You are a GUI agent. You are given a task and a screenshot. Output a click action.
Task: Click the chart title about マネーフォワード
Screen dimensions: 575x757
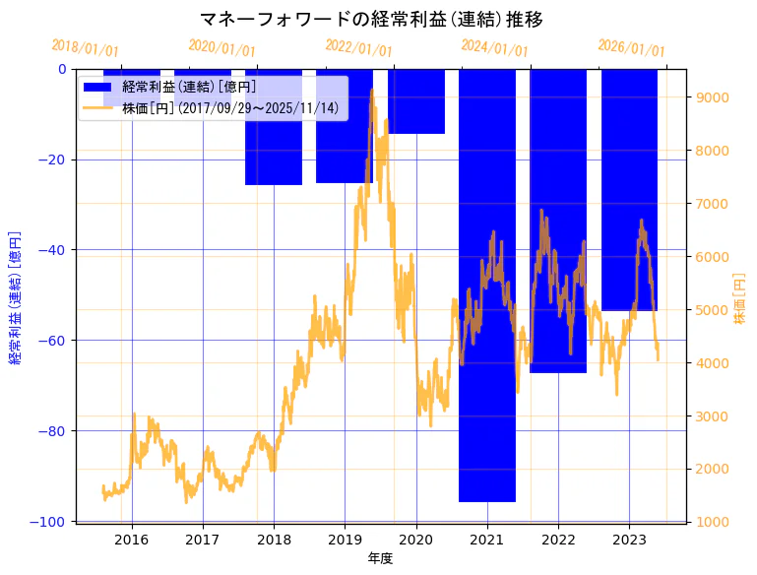click(x=370, y=20)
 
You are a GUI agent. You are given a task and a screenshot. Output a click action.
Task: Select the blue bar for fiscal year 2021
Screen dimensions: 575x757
click(x=487, y=286)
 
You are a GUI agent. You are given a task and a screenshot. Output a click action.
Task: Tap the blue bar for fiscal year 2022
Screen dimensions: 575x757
click(x=558, y=222)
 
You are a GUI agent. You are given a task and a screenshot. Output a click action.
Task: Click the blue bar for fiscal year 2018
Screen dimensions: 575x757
click(x=274, y=127)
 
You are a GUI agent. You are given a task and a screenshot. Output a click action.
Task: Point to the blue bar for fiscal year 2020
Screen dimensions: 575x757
click(x=416, y=101)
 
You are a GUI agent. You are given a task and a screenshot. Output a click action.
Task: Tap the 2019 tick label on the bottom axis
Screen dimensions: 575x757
click(x=345, y=540)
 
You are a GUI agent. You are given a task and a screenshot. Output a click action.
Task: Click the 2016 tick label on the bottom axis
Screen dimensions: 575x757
click(x=132, y=540)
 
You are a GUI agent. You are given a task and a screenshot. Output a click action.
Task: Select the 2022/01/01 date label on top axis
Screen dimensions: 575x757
click(x=358, y=49)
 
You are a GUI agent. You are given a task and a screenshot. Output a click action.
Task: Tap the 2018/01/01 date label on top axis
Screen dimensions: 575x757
click(x=85, y=47)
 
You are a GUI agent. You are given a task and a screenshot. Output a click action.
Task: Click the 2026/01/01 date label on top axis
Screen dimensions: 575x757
click(x=631, y=49)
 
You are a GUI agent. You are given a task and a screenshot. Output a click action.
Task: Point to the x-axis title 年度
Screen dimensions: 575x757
click(x=380, y=558)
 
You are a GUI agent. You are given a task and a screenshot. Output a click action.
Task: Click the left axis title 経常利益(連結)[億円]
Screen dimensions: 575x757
click(x=15, y=295)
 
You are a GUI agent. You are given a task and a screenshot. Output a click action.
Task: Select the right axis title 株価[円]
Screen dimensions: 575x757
click(x=740, y=300)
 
